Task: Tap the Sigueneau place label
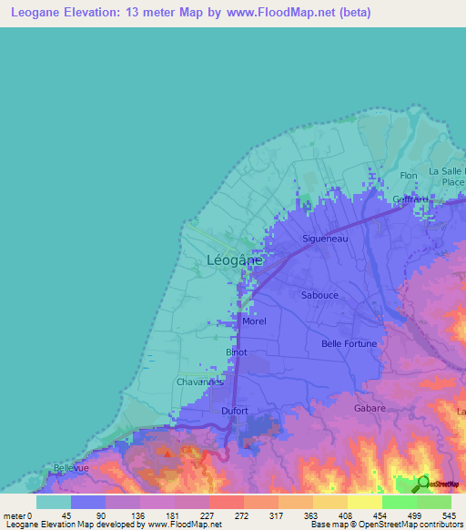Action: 326,239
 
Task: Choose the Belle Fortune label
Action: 349,343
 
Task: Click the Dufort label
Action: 235,411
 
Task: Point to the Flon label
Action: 409,176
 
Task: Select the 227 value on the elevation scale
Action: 207,515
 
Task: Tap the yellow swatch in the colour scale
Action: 364,502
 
